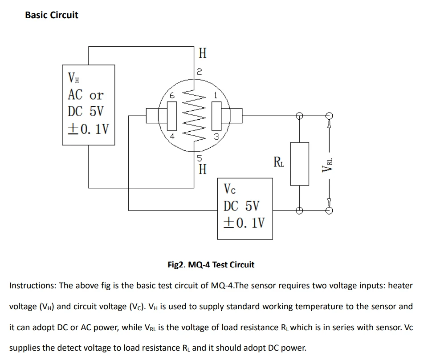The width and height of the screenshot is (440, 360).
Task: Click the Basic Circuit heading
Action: click(52, 15)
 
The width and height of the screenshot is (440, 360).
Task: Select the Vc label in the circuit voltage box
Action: click(230, 189)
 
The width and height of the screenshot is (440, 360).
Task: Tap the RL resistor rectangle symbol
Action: click(299, 163)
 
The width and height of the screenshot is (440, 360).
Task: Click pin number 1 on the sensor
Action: click(216, 95)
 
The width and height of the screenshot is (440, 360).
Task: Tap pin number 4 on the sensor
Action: click(172, 137)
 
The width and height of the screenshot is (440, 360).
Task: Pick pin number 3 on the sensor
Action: click(216, 137)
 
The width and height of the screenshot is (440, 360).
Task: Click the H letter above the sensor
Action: click(203, 54)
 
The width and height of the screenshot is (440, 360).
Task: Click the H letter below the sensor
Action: click(203, 170)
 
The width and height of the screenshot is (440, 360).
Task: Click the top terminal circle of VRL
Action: click(329, 115)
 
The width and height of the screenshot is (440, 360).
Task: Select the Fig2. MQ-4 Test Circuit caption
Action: click(211, 265)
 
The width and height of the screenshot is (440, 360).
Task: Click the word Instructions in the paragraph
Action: click(33, 286)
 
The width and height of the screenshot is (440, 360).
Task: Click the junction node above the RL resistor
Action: click(299, 116)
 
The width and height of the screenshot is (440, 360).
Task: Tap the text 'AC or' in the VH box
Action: click(85, 95)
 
